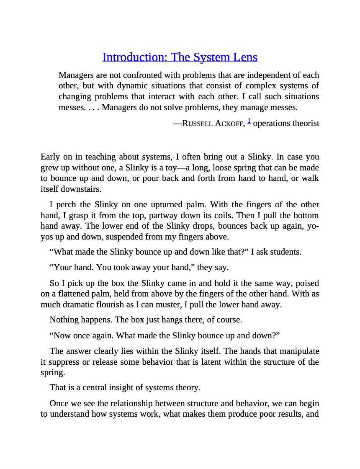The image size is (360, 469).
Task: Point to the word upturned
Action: pos(166,205)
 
